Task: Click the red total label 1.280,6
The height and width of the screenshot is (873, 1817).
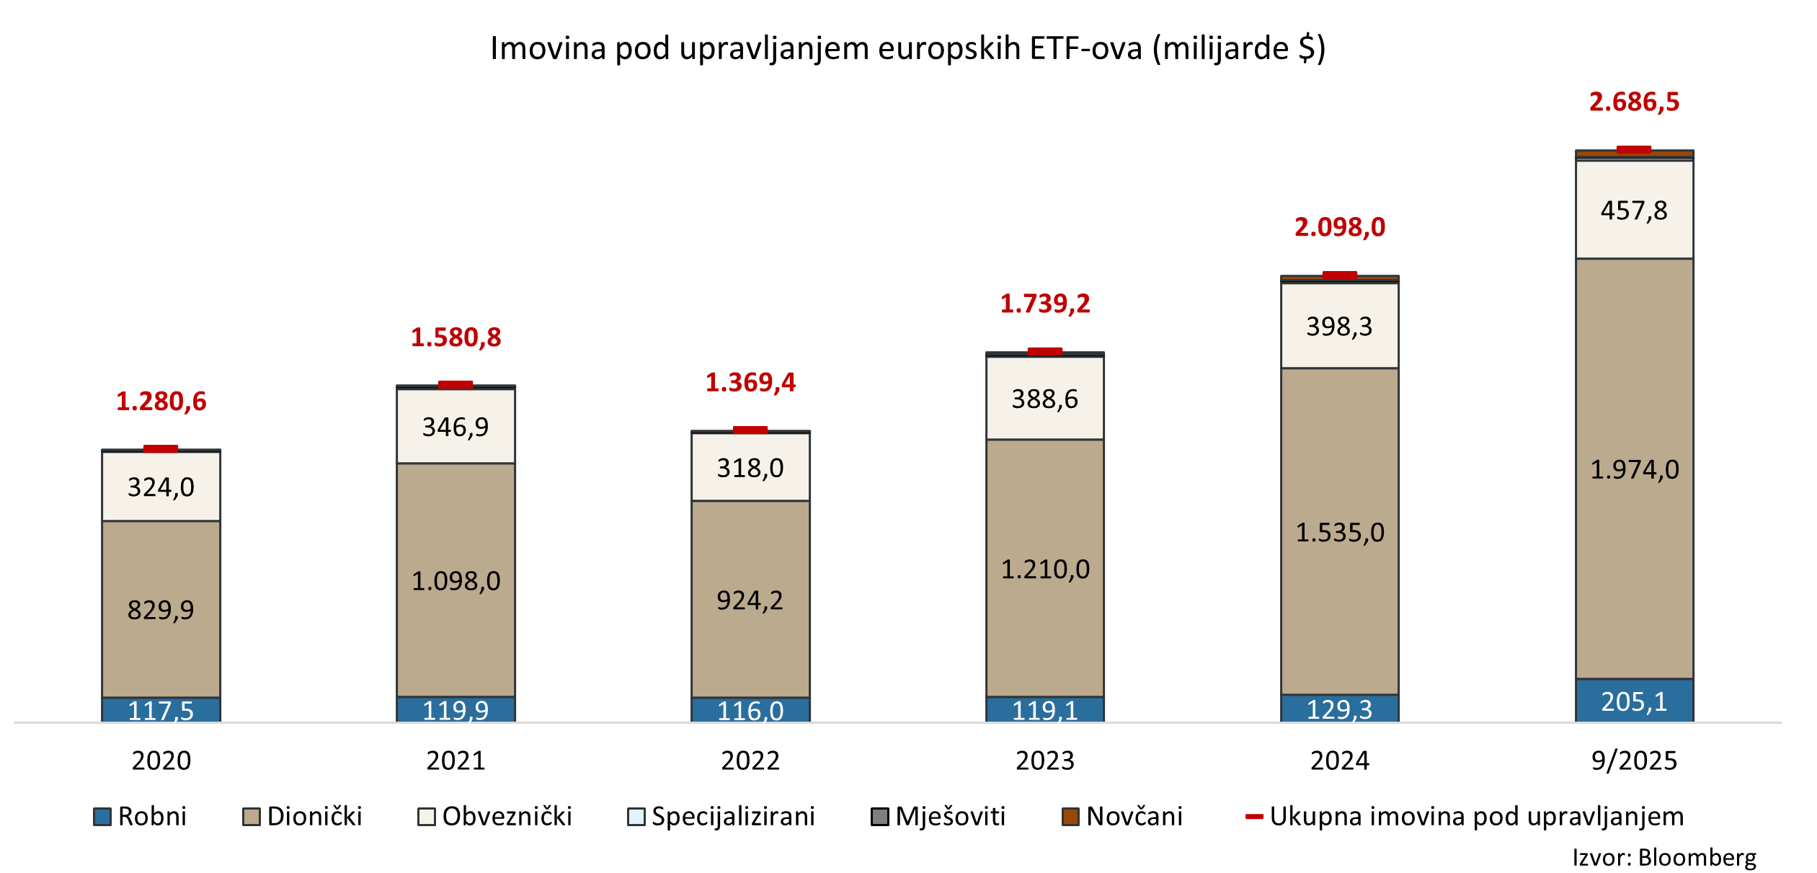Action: (161, 402)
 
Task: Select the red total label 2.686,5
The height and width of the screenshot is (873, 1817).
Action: (1634, 102)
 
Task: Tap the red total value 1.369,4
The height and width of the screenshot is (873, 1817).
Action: (750, 383)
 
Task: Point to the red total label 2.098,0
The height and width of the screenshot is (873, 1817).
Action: (1340, 228)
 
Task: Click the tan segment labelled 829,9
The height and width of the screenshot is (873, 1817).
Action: (161, 609)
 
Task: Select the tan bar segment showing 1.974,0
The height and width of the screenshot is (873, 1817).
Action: (1634, 469)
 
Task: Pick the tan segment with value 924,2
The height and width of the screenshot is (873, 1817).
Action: (750, 600)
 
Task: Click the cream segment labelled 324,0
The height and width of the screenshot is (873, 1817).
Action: (161, 487)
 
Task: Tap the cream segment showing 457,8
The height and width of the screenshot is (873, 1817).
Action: (1634, 210)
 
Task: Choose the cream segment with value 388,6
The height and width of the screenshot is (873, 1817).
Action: (1045, 399)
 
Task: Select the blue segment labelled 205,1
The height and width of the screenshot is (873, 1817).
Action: (1634, 701)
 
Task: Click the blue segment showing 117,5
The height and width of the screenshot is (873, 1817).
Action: (161, 710)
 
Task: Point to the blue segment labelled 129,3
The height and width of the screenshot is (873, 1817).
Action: (1340, 709)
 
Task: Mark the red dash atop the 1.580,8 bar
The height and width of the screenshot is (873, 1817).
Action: (456, 385)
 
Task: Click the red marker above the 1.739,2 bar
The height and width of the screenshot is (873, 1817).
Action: (1045, 352)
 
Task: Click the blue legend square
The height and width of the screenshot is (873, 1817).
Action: (102, 817)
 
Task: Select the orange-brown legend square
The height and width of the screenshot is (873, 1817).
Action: (1070, 817)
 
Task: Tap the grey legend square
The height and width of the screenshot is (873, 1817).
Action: (880, 817)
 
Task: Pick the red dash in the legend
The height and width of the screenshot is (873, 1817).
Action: (1255, 817)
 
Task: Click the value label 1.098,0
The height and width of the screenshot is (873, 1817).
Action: (456, 581)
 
